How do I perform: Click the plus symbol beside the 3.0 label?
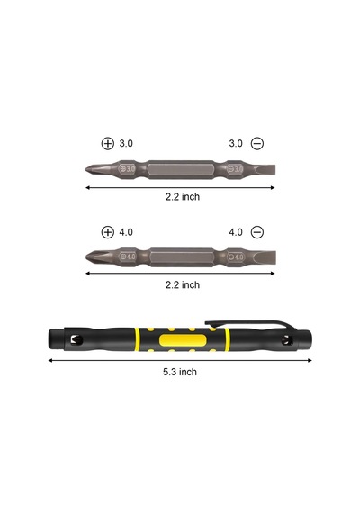pos(108,144)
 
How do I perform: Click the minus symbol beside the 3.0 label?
pos(257,144)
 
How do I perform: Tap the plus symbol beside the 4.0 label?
pos(108,232)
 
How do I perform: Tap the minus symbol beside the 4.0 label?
pos(257,232)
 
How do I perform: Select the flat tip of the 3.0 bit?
pos(265,169)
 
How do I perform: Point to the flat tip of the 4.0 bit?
pos(265,256)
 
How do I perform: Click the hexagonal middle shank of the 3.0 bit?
pos(181,169)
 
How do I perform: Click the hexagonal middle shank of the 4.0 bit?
pos(182,256)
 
